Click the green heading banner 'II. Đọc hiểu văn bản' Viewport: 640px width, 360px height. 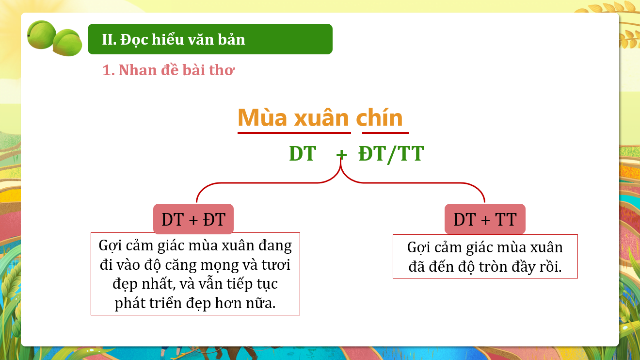point(210,39)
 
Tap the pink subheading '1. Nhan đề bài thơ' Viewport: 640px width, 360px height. point(169,70)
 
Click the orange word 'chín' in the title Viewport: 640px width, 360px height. point(379,117)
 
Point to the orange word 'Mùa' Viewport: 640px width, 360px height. point(262,117)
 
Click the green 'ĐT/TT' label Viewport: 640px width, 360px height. point(391,154)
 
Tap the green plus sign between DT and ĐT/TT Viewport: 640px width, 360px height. point(341,154)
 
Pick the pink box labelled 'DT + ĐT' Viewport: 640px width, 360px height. point(193,219)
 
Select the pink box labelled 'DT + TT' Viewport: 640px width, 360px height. point(485,219)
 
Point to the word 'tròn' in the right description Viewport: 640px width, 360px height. point(493,266)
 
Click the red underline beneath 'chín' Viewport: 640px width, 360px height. point(385,133)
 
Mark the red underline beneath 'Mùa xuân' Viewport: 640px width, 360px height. point(294,133)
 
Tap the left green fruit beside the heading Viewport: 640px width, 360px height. point(41,34)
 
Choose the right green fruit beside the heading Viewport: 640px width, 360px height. point(67,43)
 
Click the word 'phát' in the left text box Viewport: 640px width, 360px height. point(130,304)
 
